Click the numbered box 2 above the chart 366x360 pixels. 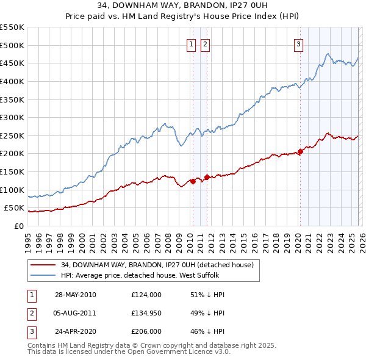(x=205, y=44)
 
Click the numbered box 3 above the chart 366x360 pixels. (x=299, y=44)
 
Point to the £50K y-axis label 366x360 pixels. (x=15, y=208)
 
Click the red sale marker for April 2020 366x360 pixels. (x=300, y=152)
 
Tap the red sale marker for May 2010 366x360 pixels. (x=193, y=181)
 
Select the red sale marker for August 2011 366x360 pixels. (x=206, y=178)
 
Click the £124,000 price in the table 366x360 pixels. (x=146, y=295)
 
